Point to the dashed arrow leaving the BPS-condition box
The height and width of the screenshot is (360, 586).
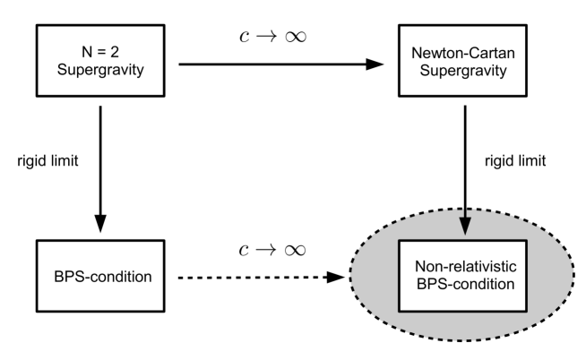[x=260, y=277]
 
